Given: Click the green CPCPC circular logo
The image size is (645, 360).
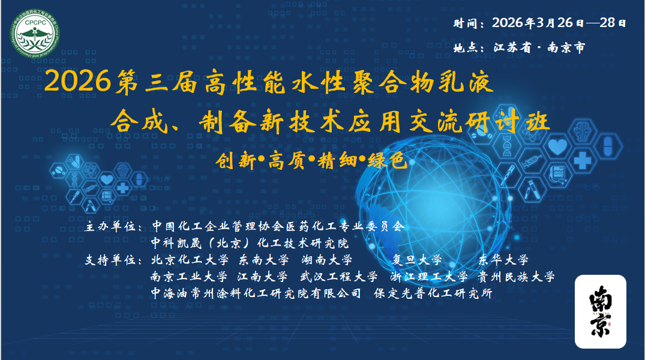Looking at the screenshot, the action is click(x=35, y=34).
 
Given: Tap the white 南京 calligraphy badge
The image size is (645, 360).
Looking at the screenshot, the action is click(x=600, y=311).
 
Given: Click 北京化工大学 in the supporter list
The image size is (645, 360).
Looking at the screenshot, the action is click(x=190, y=260).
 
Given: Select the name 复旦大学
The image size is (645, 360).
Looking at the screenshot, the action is click(x=416, y=260).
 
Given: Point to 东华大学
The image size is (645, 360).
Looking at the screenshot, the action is click(x=503, y=260).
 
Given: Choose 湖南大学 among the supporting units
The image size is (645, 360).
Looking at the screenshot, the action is click(x=327, y=260).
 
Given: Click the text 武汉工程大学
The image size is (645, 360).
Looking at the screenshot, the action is click(x=338, y=277).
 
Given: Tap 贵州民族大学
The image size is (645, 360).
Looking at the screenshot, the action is click(x=516, y=277).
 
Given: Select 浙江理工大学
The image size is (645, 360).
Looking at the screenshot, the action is click(x=429, y=277).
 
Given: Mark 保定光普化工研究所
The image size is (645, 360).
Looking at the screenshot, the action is click(x=433, y=293).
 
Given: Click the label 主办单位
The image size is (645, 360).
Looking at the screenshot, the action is click(x=110, y=226).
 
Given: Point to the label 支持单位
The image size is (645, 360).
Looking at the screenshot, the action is click(x=110, y=260).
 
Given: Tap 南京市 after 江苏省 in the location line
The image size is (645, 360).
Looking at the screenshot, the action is click(x=566, y=48).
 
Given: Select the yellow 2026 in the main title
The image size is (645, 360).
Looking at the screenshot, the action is click(x=77, y=81).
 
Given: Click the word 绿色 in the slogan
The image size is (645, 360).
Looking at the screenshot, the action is click(x=388, y=160).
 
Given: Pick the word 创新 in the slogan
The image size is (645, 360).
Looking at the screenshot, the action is click(x=236, y=160).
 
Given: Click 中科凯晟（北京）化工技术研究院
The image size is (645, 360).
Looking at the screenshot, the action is click(x=250, y=243).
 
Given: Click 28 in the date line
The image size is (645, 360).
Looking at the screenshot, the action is click(x=608, y=23).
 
